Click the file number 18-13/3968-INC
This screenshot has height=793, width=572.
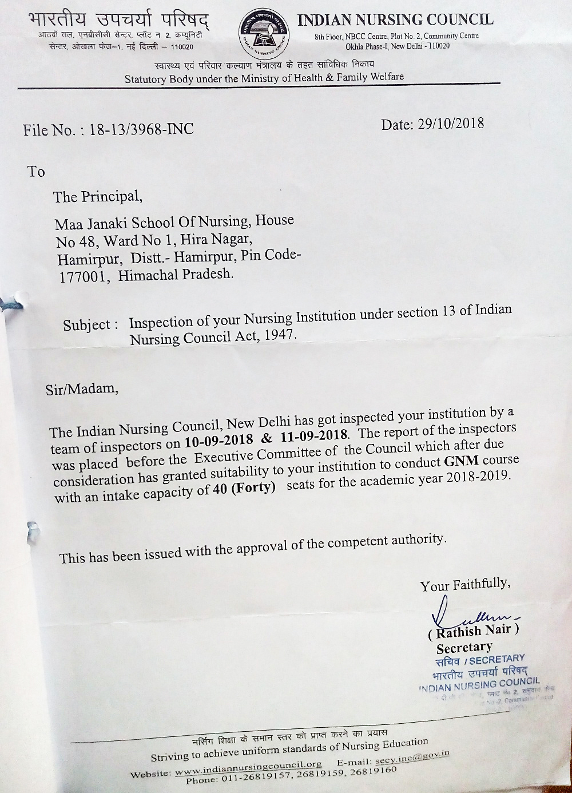click(142, 129)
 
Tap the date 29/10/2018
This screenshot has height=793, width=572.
click(450, 123)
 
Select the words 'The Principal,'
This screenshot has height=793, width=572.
click(98, 197)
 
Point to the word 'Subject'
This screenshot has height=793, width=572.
click(86, 325)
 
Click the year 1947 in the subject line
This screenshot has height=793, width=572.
click(280, 335)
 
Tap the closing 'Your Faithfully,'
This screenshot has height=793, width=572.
click(464, 585)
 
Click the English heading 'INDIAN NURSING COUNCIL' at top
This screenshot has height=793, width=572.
click(395, 20)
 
